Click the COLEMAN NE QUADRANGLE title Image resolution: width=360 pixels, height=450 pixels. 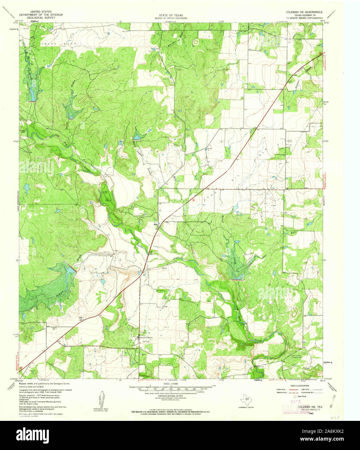tap(305, 12)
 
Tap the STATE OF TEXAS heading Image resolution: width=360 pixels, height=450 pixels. tap(171, 15)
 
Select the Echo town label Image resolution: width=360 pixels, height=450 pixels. tap(155, 224)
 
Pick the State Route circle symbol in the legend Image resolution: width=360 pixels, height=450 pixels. tap(295, 396)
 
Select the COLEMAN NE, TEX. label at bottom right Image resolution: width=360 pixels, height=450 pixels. tap(310, 406)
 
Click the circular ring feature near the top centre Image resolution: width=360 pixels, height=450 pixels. tap(195, 41)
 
